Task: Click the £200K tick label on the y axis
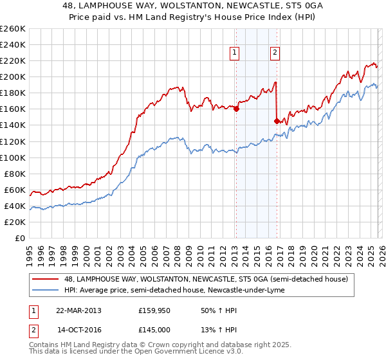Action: (x=13, y=76)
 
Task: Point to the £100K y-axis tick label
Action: (x=13, y=157)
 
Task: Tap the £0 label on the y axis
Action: (x=19, y=238)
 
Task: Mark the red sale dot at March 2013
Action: (x=236, y=109)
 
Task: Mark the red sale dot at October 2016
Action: (x=277, y=121)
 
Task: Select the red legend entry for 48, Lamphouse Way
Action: (x=206, y=279)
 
